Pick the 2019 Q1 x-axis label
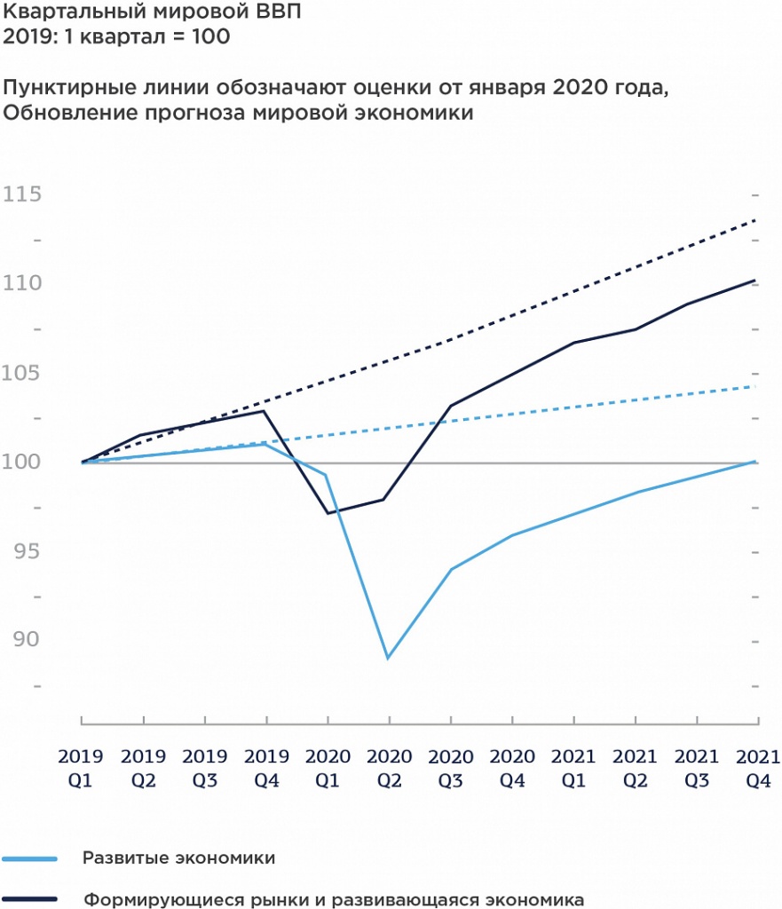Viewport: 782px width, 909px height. (x=81, y=768)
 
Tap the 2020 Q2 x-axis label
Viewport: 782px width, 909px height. (x=389, y=768)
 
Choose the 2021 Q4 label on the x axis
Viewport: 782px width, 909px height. (x=757, y=768)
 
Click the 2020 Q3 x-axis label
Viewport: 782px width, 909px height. (x=450, y=768)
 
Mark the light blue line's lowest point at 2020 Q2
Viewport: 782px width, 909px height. (x=388, y=658)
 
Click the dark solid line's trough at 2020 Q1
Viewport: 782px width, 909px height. (x=328, y=513)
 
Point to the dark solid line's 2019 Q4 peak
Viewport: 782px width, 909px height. (x=265, y=411)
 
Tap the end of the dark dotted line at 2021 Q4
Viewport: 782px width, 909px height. (x=755, y=219)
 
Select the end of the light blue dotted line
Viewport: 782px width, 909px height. (x=755, y=386)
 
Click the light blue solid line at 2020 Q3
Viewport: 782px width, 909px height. (x=450, y=569)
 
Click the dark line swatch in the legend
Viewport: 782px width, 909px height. (x=31, y=898)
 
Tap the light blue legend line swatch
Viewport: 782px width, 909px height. (x=31, y=858)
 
